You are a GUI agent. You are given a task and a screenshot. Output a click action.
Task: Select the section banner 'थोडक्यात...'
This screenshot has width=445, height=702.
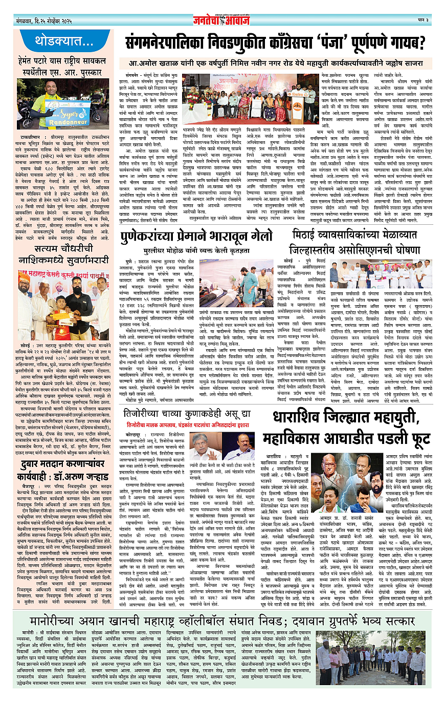[x=64, y=40]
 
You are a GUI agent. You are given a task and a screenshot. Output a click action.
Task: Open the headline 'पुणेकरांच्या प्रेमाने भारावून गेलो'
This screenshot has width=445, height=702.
[x=194, y=237]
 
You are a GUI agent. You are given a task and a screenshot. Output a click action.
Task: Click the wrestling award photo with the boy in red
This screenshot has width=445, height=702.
[x=63, y=299]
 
